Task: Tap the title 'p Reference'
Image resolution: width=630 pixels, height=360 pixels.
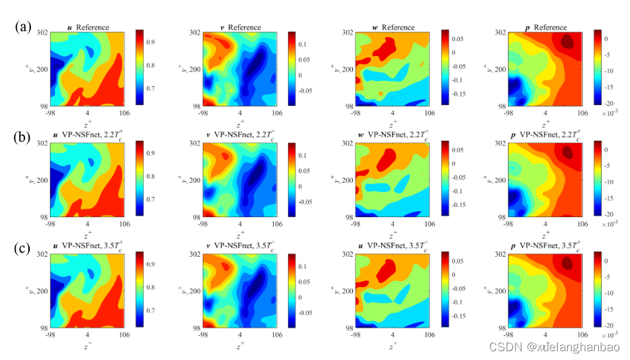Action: (546, 27)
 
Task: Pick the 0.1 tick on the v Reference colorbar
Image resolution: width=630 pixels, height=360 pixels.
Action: (305, 44)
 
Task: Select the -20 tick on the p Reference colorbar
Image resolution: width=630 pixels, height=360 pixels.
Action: (608, 104)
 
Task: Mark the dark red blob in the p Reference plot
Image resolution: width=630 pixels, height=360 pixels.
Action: (569, 42)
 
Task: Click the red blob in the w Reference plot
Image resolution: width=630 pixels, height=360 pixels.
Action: (386, 47)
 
